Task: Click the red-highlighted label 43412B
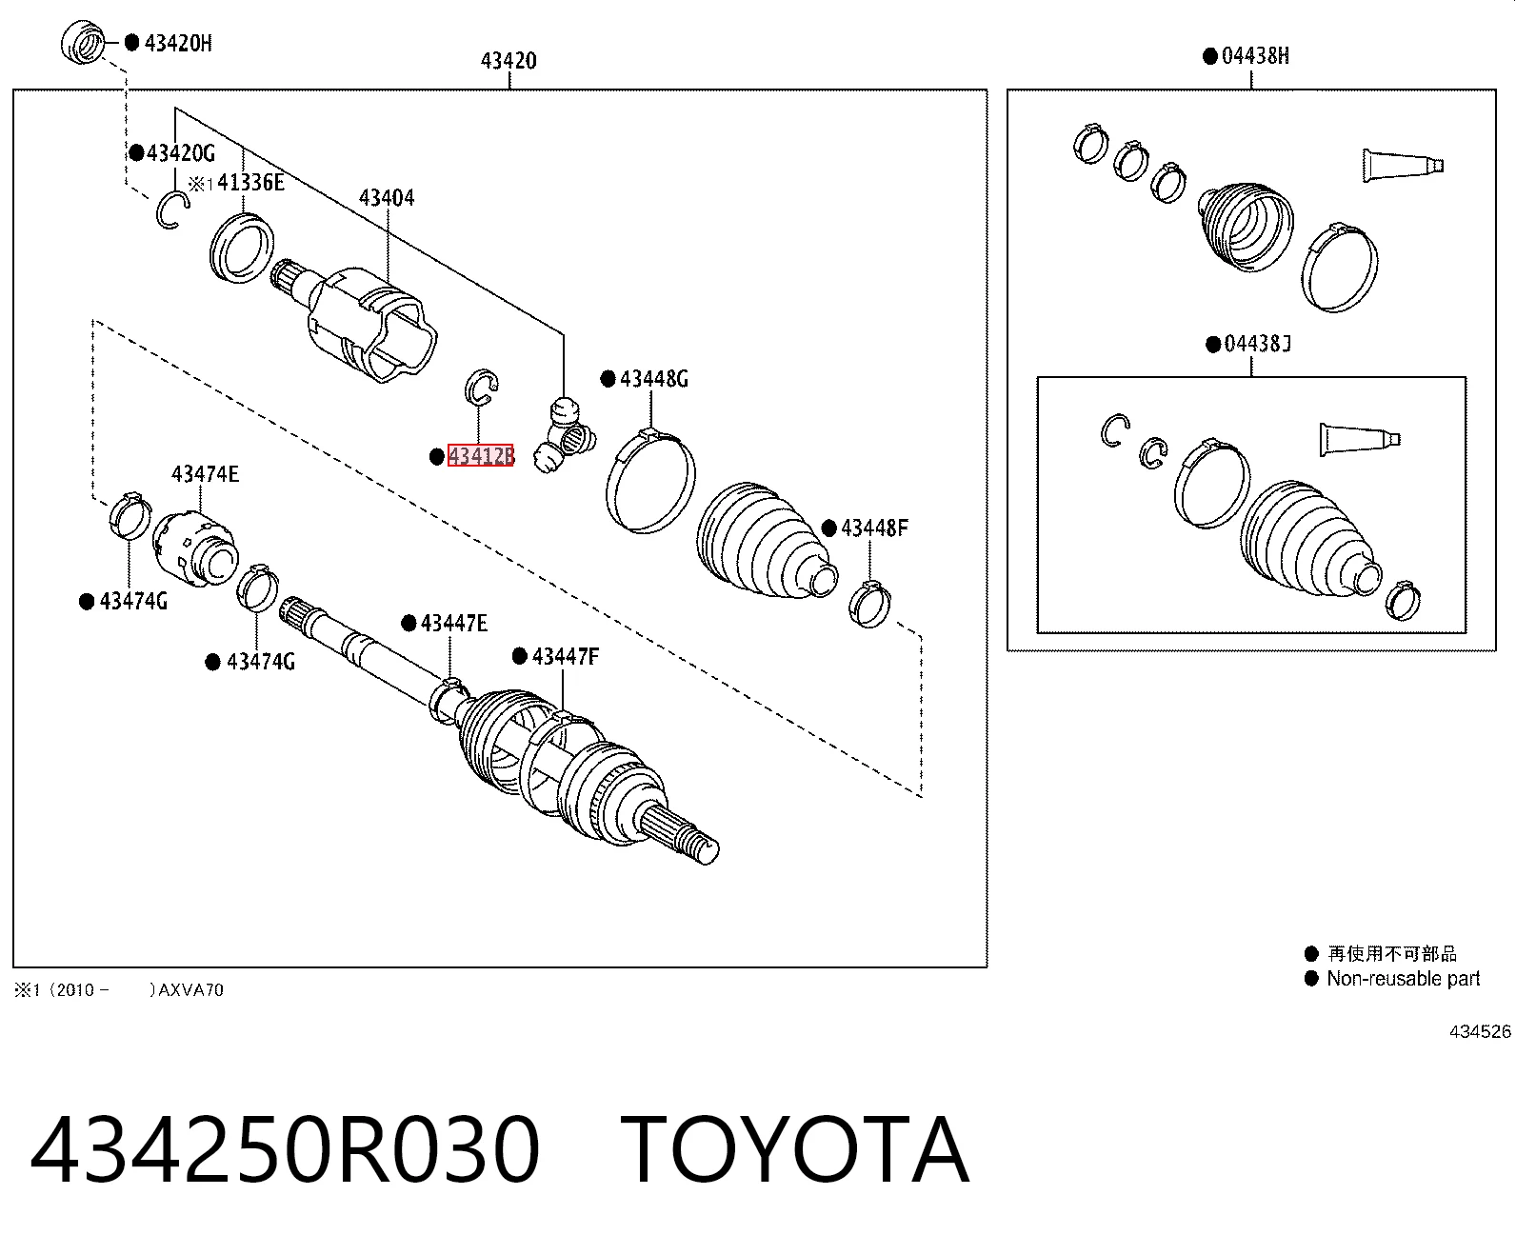pyautogui.click(x=481, y=455)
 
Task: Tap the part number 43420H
pyautogui.click(x=178, y=44)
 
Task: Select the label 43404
pyautogui.click(x=387, y=197)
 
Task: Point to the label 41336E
pyautogui.click(x=250, y=182)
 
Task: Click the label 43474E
pyautogui.click(x=205, y=474)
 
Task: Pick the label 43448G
pyautogui.click(x=653, y=378)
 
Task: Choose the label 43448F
pyautogui.click(x=874, y=528)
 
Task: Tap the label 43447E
pyautogui.click(x=454, y=623)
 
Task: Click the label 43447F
pyautogui.click(x=565, y=657)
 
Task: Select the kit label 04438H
pyautogui.click(x=1255, y=56)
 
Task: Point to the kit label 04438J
pyautogui.click(x=1258, y=344)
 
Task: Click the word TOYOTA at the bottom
pyautogui.click(x=794, y=1149)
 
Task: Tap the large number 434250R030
pyautogui.click(x=285, y=1149)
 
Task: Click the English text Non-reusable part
pyautogui.click(x=1403, y=978)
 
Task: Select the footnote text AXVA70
pyautogui.click(x=191, y=990)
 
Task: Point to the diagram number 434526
pyautogui.click(x=1480, y=1031)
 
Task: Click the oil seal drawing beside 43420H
pyautogui.click(x=83, y=41)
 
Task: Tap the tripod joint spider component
pyautogui.click(x=564, y=435)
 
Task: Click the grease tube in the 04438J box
pyautogui.click(x=1359, y=439)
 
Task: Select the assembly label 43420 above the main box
pyautogui.click(x=509, y=60)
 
